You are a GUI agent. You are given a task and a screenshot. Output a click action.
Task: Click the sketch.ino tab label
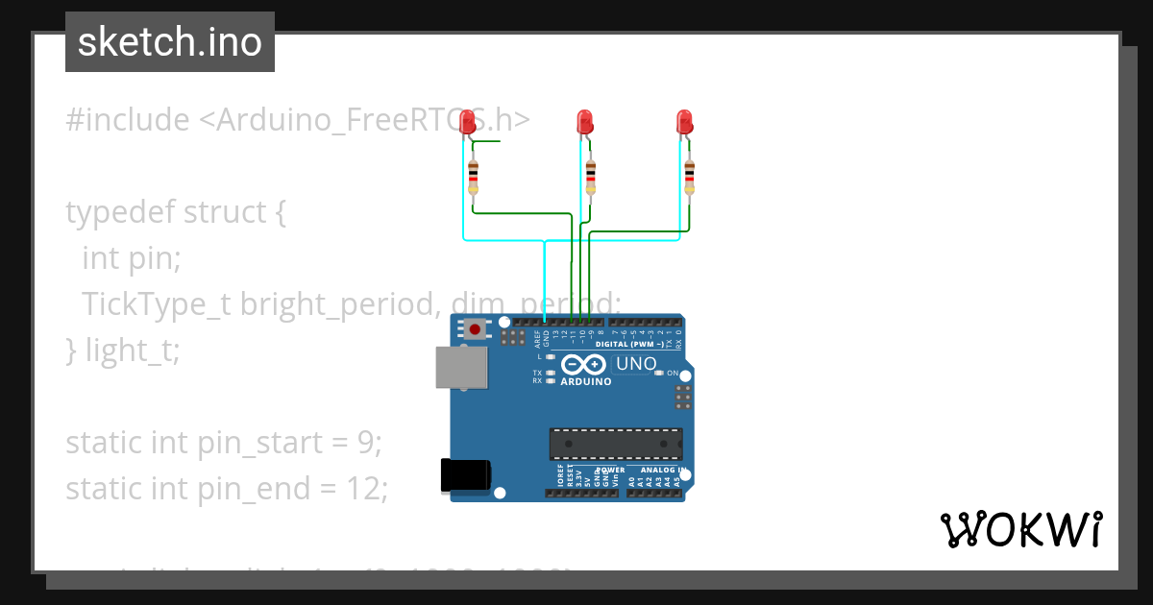[x=170, y=42]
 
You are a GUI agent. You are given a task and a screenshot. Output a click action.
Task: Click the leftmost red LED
[x=468, y=122]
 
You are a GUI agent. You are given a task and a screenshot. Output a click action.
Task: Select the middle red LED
[x=584, y=122]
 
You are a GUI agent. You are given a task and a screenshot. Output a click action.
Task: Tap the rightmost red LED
[x=684, y=122]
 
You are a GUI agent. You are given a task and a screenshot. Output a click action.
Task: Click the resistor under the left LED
[x=473, y=177]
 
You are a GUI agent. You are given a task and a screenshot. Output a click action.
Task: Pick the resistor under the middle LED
[x=590, y=177]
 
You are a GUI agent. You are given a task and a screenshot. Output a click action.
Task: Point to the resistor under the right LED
[x=689, y=177]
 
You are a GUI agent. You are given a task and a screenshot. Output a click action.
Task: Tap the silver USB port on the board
[x=461, y=367]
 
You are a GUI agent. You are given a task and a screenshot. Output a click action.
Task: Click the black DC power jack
[x=465, y=475]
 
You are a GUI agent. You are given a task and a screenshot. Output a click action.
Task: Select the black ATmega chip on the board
[x=616, y=444]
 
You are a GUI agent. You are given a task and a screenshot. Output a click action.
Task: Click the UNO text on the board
[x=635, y=364]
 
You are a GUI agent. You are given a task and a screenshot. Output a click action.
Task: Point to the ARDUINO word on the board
[x=586, y=381]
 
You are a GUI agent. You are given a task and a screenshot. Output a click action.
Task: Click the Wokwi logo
[x=1020, y=529]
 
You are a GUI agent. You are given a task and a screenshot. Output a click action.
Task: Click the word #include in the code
[x=128, y=120]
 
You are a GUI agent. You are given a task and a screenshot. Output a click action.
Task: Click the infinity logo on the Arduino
[x=583, y=364]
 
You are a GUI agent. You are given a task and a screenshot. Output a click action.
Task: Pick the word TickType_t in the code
[x=157, y=304]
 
